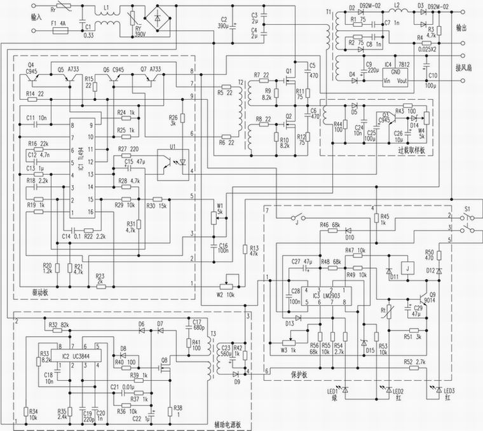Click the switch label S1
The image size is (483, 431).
[x=468, y=208]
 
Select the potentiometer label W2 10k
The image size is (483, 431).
[x=226, y=294]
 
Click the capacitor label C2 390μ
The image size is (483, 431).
[x=223, y=23]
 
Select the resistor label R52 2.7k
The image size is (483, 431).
[x=414, y=362]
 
